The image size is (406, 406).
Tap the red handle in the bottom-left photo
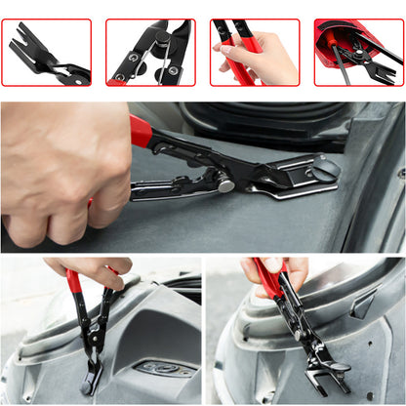[x=75, y=283]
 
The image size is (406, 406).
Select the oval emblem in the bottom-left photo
[x=160, y=369]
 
